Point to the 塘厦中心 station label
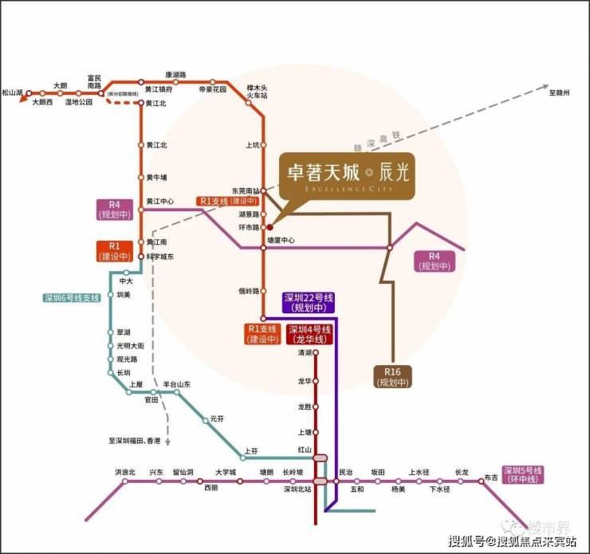[x=281, y=239]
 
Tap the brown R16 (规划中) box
[x=391, y=377]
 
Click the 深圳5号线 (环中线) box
[x=522, y=473]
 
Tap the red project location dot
[x=269, y=227]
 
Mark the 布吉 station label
[x=491, y=479]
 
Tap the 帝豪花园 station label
[x=213, y=90]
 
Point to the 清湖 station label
[x=304, y=352]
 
